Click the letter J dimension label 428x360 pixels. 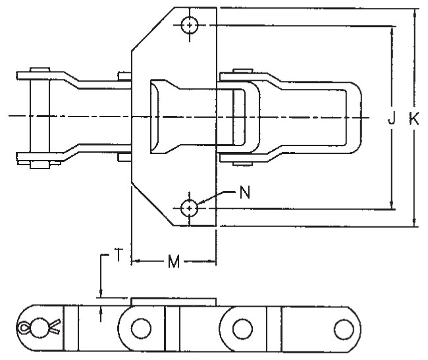(392, 118)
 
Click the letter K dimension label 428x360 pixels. (414, 118)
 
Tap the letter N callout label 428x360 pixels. (245, 193)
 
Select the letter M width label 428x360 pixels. (173, 263)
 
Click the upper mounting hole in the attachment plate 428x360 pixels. (190, 26)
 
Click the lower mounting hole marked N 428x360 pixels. (190, 208)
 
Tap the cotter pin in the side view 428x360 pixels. (37, 327)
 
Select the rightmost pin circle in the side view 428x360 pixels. (343, 327)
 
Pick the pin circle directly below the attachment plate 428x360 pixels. (140, 327)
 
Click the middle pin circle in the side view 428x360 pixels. (242, 327)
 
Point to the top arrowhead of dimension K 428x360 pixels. (415, 12)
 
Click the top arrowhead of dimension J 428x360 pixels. (393, 30)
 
